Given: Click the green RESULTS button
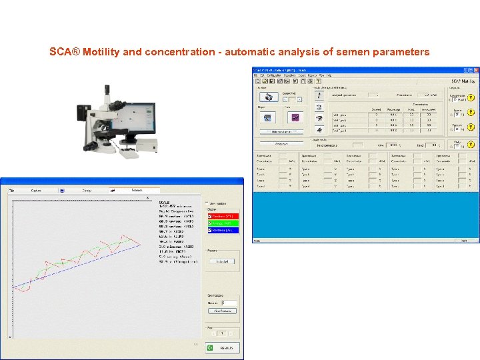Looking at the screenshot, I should click(221, 347).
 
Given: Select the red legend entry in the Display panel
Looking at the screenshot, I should click(223, 216).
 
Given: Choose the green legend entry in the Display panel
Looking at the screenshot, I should click(223, 223).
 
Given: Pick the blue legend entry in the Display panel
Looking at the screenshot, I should click(223, 230).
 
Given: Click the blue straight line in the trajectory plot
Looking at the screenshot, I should click(80, 267).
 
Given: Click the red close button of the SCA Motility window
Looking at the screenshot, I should click(475, 70).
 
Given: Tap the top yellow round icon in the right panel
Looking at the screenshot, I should click(471, 97).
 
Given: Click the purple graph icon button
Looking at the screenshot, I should click(294, 117).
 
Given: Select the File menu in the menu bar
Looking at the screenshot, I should click(256, 75).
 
